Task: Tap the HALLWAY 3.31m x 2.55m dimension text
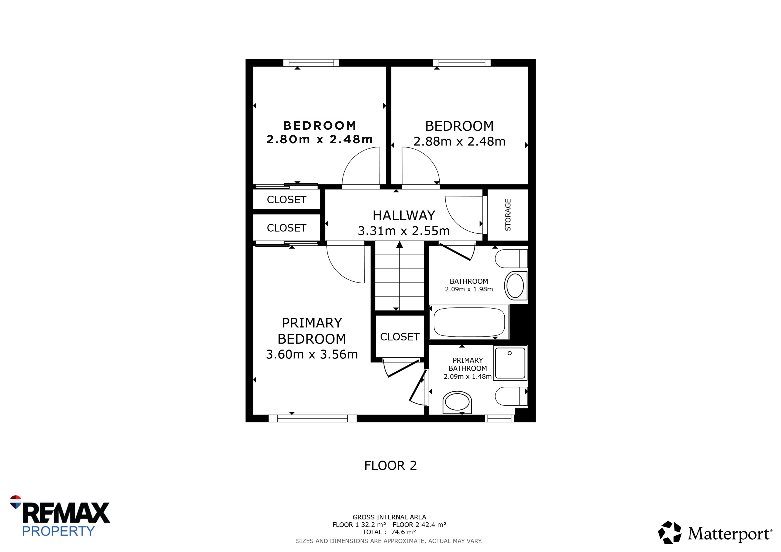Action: pyautogui.click(x=404, y=231)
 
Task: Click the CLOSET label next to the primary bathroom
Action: pyautogui.click(x=400, y=337)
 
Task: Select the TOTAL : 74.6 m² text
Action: pyautogui.click(x=389, y=532)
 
